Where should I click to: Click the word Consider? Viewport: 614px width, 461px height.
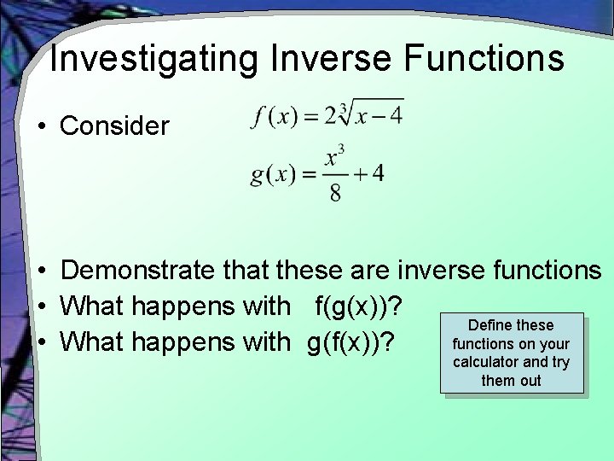[115, 126]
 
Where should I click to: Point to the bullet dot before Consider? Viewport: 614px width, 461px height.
[41, 127]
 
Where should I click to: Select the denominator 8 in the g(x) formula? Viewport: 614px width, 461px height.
[335, 193]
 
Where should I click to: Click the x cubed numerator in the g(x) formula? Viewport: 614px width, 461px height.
[334, 158]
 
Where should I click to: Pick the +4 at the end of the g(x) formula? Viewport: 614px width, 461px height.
[370, 174]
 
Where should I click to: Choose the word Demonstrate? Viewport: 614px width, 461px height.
[138, 271]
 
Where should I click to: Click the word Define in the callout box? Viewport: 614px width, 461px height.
[489, 325]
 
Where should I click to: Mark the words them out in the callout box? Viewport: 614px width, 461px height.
[511, 381]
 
